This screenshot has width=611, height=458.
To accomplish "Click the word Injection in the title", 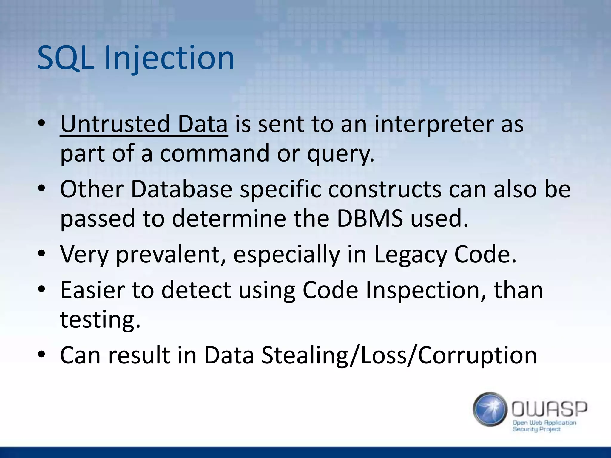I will (x=169, y=58).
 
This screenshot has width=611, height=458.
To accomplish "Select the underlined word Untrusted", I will (x=115, y=124).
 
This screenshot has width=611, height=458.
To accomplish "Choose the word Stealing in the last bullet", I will (x=305, y=355).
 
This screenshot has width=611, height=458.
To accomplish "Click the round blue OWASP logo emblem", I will (x=490, y=409).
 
